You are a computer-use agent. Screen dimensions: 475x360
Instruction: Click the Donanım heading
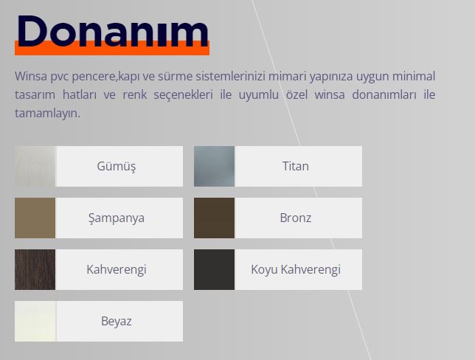(x=113, y=31)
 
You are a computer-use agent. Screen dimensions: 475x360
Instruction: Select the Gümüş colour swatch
(x=35, y=167)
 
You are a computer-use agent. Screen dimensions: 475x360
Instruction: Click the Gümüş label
(x=117, y=167)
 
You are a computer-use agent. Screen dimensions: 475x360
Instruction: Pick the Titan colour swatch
(x=214, y=167)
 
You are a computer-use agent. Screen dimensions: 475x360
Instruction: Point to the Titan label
(x=295, y=166)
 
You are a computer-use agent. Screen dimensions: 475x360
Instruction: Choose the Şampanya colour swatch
(x=35, y=218)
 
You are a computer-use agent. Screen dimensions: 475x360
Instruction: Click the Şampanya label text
(x=117, y=218)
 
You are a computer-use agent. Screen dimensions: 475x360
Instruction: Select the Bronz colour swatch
(x=214, y=218)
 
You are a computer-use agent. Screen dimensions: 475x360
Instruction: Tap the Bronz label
(x=295, y=218)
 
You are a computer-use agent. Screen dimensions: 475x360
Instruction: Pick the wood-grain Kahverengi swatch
(x=35, y=270)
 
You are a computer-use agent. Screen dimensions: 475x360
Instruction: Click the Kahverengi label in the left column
(x=117, y=270)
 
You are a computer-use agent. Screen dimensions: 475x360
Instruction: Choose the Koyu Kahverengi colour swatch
(x=214, y=270)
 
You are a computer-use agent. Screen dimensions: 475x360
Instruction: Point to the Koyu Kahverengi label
(x=296, y=270)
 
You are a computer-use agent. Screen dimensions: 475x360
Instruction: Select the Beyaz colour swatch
(x=35, y=321)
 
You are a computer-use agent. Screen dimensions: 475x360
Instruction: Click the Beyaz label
(x=117, y=322)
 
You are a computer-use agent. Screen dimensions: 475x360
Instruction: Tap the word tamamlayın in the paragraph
(x=47, y=114)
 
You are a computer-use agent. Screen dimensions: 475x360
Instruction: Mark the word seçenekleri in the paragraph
(x=183, y=95)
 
